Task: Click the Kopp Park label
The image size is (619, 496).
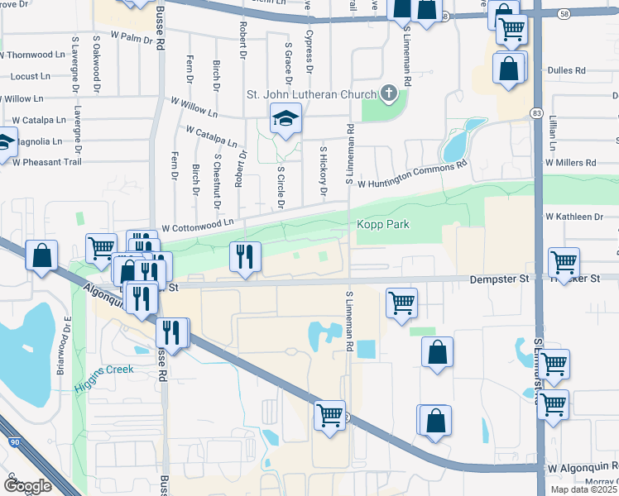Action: (383, 225)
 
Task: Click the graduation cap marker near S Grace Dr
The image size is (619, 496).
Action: (286, 121)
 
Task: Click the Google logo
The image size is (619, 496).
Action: (27, 486)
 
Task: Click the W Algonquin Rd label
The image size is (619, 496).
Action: (582, 468)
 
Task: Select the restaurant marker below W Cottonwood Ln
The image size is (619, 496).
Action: (245, 258)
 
